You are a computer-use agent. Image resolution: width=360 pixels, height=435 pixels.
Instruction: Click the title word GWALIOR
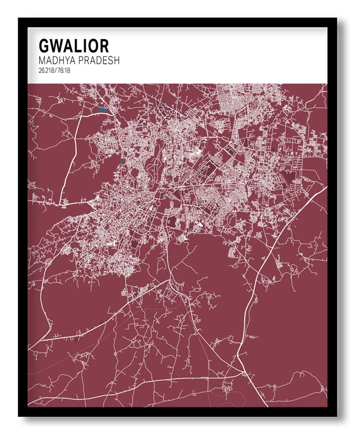point(73,45)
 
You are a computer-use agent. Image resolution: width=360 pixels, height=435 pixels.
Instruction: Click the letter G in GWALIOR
point(44,45)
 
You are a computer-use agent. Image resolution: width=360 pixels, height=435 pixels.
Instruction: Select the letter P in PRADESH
point(83,60)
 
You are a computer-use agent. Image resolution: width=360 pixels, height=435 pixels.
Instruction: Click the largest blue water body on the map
point(103,109)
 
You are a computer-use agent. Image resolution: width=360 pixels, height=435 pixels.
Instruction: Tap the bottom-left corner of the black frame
point(19,415)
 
